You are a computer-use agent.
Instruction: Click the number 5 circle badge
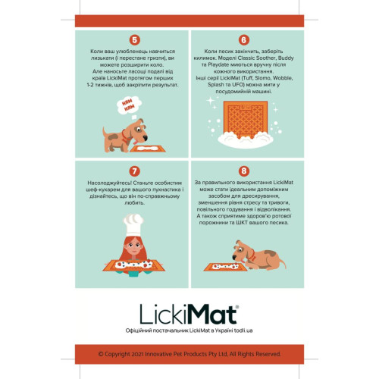click(x=135, y=39)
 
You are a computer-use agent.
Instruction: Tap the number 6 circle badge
click(x=243, y=39)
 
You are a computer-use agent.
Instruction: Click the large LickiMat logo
click(x=189, y=313)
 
